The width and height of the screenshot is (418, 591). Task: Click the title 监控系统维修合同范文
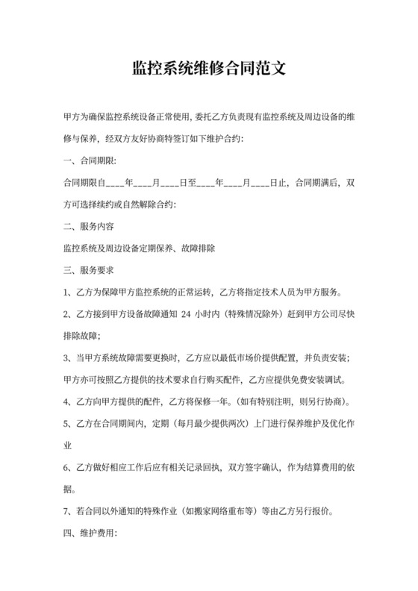coord(208,69)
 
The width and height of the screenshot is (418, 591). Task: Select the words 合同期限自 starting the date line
coord(85,182)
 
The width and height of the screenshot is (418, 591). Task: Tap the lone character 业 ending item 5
coord(68,445)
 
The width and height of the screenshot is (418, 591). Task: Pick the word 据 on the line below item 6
coord(68,490)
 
